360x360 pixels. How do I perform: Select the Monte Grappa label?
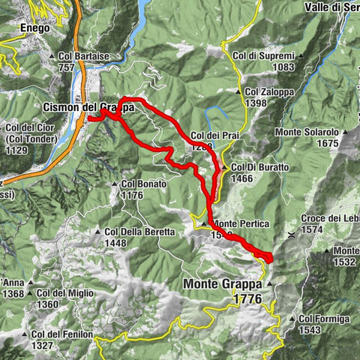(x=223, y=285)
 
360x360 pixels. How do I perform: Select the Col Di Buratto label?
(x=259, y=166)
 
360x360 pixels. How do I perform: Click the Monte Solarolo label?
(x=307, y=133)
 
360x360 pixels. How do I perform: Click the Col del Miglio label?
(x=58, y=293)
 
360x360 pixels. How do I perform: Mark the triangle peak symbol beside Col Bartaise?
(x=52, y=56)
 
